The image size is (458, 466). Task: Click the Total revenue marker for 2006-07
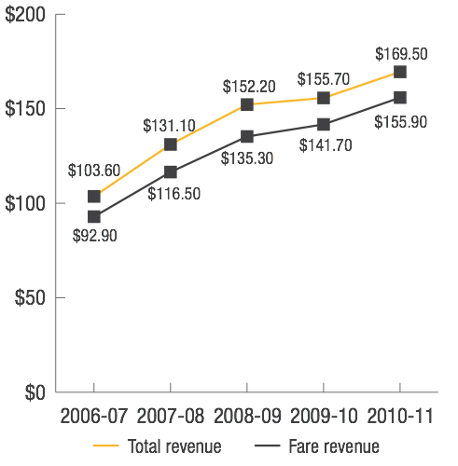tap(94, 197)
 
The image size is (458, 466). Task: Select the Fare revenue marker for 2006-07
tap(94, 217)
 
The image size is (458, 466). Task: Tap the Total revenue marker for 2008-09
tap(247, 104)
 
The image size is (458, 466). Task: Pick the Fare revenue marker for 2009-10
tap(324, 125)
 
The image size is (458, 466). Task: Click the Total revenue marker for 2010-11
tap(400, 72)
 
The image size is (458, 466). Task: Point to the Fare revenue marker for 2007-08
tap(171, 171)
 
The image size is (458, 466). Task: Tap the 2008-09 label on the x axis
tap(247, 415)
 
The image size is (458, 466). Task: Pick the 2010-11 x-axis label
tap(400, 415)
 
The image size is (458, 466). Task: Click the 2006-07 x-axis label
tap(94, 415)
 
